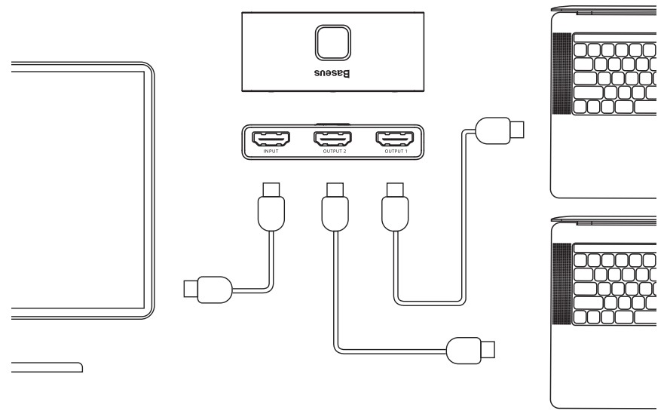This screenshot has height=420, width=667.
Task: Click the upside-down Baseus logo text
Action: click(x=332, y=75)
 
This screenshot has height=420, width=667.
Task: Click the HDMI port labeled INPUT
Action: click(x=271, y=139)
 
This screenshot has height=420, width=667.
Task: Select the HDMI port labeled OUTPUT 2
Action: click(x=332, y=139)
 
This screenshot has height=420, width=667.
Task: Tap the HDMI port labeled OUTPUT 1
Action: click(x=394, y=139)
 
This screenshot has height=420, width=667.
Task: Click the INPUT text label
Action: click(x=271, y=153)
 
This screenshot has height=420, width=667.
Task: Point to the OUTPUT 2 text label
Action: click(x=332, y=153)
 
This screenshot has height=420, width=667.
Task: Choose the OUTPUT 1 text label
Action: click(x=394, y=153)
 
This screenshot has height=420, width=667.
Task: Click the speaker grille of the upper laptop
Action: click(x=561, y=76)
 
